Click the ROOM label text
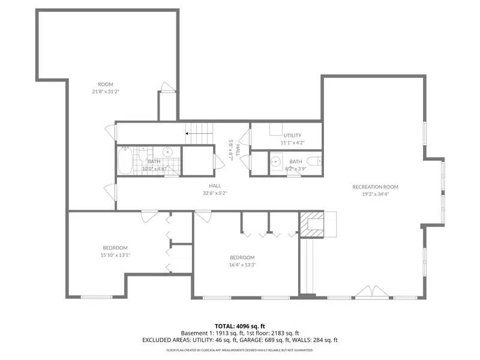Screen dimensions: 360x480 (106, 84)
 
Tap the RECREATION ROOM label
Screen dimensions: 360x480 (376, 187)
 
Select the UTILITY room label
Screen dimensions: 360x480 (293, 136)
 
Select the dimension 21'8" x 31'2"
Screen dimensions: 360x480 (106, 92)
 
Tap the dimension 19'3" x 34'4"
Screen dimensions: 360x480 (376, 194)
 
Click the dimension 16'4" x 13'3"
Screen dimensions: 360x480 (242, 265)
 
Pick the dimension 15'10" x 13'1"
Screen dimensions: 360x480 (115, 255)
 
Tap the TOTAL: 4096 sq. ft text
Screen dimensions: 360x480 (240, 326)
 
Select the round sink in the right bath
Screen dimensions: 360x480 (275, 161)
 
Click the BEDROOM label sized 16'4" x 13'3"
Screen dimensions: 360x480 (242, 258)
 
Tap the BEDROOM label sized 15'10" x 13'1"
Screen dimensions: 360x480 (115, 248)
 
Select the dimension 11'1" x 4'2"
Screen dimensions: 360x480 (293, 143)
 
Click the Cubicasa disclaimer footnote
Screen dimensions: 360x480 (240, 349)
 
